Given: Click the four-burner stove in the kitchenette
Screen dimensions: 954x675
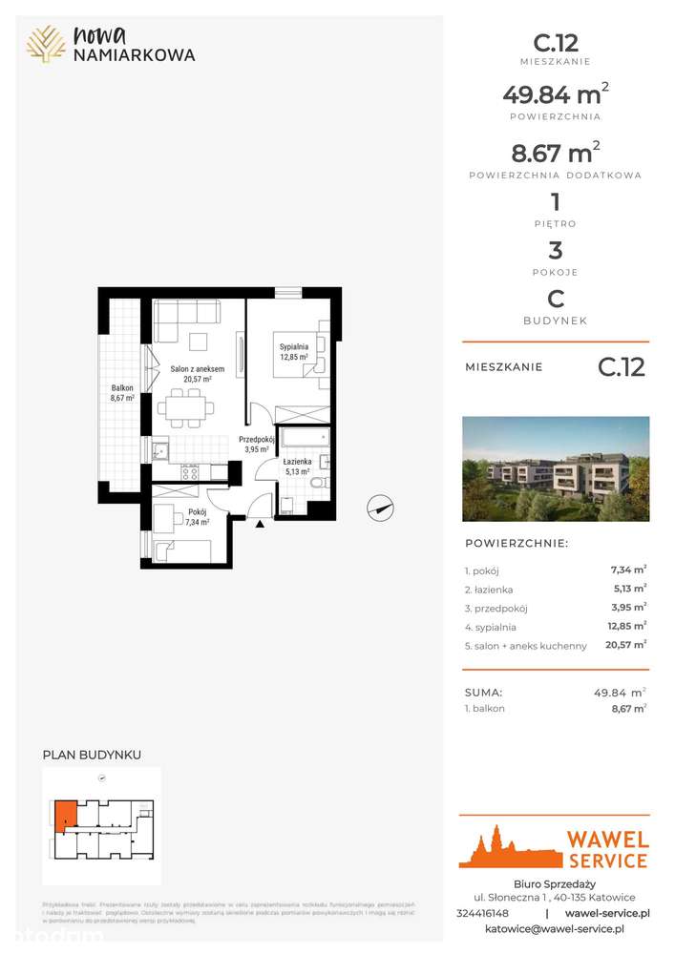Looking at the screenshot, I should (x=190, y=471).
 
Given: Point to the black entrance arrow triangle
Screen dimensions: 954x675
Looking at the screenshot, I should (x=260, y=522).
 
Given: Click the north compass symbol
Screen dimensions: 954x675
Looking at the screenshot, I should (x=380, y=508).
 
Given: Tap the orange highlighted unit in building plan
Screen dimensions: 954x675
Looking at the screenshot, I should (x=64, y=815).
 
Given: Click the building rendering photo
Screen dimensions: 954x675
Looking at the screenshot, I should (x=556, y=468).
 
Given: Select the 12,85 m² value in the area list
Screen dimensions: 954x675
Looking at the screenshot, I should (x=629, y=626).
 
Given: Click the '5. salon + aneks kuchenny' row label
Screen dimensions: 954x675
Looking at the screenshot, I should (x=525, y=646).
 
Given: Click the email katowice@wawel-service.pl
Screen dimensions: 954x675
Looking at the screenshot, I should (x=555, y=928).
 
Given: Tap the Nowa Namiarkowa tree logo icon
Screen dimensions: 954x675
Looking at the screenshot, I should (x=46, y=44).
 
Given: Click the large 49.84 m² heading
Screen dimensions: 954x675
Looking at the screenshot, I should (x=556, y=94).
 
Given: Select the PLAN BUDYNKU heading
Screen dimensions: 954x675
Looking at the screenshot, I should (x=92, y=755).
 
